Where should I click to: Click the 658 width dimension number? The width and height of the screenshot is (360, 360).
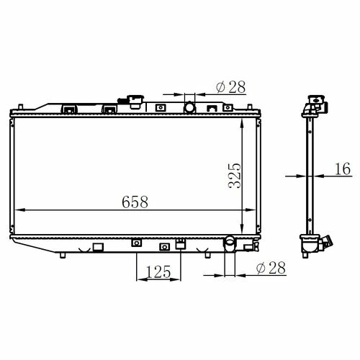pyautogui.click(x=135, y=202)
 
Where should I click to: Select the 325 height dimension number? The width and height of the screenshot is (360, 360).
pyautogui.click(x=235, y=176)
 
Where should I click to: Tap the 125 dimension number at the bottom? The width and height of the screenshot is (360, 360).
pyautogui.click(x=158, y=271)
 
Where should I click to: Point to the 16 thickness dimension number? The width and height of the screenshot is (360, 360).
pyautogui.click(x=343, y=168)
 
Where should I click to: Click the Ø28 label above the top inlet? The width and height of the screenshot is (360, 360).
pyautogui.click(x=231, y=87)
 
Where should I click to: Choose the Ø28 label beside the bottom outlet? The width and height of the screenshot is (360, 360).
pyautogui.click(x=271, y=268)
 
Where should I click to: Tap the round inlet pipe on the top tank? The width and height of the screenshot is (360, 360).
pyautogui.click(x=189, y=107)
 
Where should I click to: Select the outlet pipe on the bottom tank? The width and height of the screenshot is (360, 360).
pyautogui.click(x=230, y=243)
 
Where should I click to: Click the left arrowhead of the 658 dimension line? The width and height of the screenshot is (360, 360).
pyautogui.click(x=20, y=210)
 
